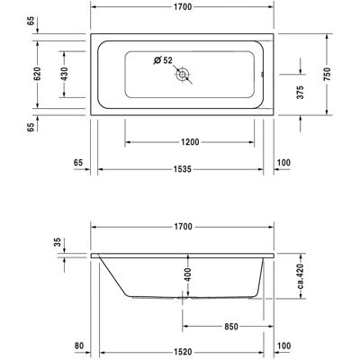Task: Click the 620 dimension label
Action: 37,74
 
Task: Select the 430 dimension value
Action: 64,74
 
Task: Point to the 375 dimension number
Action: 301,93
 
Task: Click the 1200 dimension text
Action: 190,142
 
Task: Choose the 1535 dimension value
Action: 183,169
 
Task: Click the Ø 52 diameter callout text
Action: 163,60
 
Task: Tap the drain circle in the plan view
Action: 182,74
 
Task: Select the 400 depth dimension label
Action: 187,274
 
